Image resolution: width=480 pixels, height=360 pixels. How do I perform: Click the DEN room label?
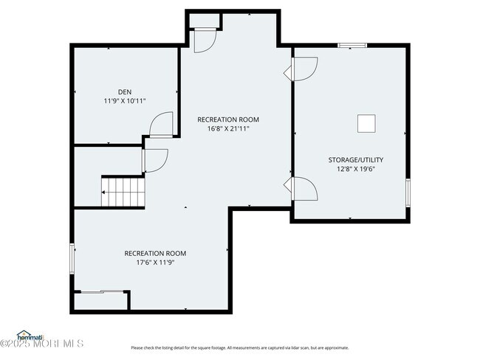click(x=124, y=91)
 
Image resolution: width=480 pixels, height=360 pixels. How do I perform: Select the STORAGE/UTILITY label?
click(x=355, y=160)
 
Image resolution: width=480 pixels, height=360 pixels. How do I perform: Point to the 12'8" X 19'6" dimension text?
click(x=355, y=167)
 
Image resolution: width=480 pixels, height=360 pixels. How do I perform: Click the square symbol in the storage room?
click(x=367, y=123)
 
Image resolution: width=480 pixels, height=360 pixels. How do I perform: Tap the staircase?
click(x=123, y=193)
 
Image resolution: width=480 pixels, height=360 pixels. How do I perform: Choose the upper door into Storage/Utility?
click(x=304, y=69)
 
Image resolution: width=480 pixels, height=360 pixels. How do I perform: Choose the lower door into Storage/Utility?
click(x=305, y=189)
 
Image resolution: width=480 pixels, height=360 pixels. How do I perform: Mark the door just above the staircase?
click(x=155, y=160)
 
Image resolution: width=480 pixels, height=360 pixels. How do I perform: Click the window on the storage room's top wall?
click(x=352, y=46)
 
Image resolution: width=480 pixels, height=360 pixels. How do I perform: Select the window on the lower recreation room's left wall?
click(x=72, y=258)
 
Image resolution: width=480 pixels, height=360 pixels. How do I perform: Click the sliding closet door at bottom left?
click(x=101, y=292)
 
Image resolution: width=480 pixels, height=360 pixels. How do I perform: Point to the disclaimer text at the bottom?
click(x=240, y=347)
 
